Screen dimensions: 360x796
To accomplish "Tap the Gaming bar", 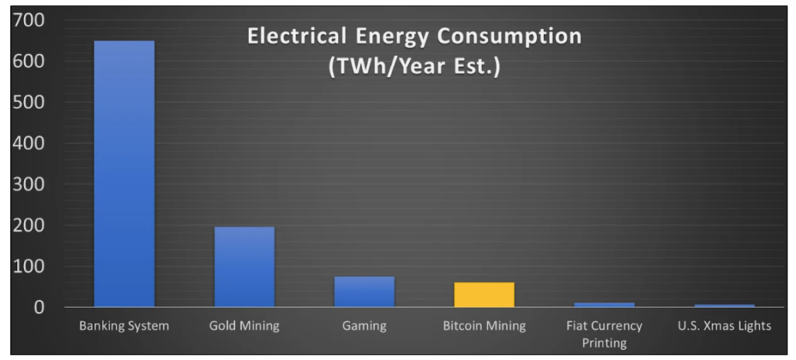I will coord(364,292).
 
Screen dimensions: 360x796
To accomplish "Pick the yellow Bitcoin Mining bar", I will coord(484,294).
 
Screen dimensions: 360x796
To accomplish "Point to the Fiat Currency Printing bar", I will coord(604,304).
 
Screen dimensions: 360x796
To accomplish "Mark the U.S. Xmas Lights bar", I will coord(724,305).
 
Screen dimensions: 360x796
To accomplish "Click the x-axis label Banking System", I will coord(124,327).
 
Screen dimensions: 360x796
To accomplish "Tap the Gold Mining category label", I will coord(244,327).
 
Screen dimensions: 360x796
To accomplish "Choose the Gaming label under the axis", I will coord(364,327).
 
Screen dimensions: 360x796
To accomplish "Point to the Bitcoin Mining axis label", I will coord(484,327).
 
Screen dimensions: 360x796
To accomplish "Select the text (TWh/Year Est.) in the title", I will coord(414,68).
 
